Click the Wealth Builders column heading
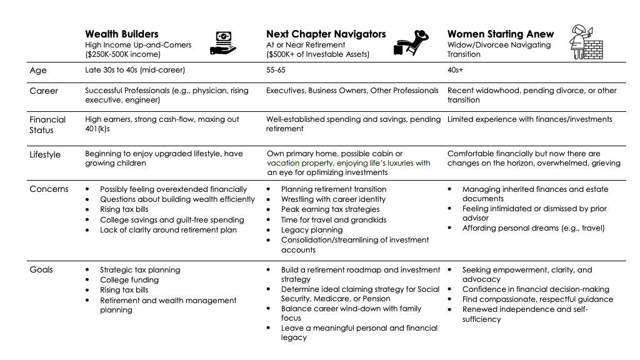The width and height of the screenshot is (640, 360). coord(122,34)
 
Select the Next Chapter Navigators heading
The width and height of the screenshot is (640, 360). coord(326,34)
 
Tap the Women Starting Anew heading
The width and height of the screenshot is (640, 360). coord(501,34)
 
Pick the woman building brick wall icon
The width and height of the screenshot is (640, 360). coord(586,41)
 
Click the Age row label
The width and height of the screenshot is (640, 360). coord(38,71)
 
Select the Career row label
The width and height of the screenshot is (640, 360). coord(44,91)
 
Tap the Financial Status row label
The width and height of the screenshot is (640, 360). coord(47,124)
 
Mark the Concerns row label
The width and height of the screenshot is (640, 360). coord(49,189)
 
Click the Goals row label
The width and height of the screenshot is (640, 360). coord(41,270)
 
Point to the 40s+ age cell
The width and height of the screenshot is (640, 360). coord(455,71)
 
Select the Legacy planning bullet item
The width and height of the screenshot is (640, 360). coord(312,230)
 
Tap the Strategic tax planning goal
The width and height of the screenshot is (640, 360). coord(140,270)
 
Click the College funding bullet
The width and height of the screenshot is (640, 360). coord(129,280)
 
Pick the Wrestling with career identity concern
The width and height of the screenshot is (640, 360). coord(333,199)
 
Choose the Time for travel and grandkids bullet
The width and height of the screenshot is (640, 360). coord(334,220)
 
